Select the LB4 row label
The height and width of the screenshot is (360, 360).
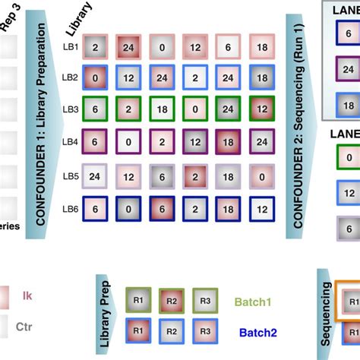click(70, 142)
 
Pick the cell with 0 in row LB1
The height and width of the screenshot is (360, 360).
click(161, 47)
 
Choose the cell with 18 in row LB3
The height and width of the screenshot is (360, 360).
click(161, 109)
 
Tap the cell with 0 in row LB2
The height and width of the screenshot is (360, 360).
click(95, 78)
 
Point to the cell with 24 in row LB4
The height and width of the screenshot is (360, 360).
click(261, 141)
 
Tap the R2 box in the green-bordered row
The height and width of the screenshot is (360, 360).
click(171, 299)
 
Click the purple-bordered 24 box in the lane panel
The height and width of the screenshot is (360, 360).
click(347, 69)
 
